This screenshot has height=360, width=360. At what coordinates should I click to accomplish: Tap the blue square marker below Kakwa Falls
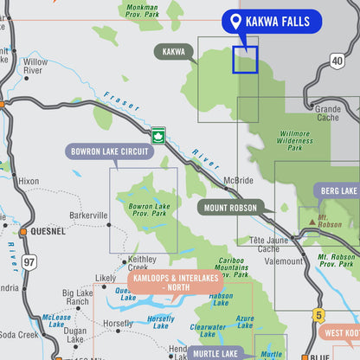point(245,60)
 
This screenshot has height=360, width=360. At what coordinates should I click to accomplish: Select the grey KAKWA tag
point(173,52)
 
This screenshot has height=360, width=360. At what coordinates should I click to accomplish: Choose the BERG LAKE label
point(337,190)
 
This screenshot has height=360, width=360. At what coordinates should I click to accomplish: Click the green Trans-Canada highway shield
point(157,134)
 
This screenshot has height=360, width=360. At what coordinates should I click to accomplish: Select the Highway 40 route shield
point(337,61)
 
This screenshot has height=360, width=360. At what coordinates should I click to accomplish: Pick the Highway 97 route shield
point(29,261)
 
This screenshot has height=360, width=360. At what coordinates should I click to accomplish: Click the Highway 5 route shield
point(318,315)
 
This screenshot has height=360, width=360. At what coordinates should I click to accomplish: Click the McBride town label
point(238,180)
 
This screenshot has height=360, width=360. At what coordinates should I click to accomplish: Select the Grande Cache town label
point(328,114)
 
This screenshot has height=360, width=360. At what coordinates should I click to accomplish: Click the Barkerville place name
point(87,215)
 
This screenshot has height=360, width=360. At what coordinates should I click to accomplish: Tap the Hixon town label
point(28,181)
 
